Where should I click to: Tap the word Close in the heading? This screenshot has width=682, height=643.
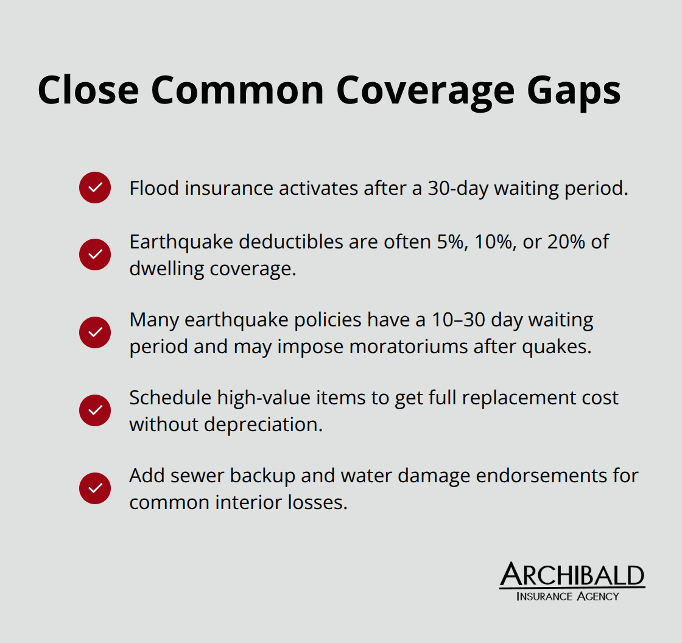tap(88, 90)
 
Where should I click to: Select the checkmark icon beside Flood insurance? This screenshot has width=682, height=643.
tap(95, 188)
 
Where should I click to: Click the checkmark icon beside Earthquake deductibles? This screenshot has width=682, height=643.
tap(95, 255)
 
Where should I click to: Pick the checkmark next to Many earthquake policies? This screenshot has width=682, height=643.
tap(95, 332)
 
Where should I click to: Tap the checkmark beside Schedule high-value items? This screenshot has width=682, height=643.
tap(95, 410)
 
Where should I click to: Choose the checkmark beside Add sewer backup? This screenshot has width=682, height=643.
tap(95, 488)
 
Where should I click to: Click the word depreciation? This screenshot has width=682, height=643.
tap(263, 424)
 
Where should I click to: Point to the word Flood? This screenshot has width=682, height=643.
tap(154, 188)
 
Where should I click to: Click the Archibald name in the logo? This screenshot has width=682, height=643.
tap(572, 575)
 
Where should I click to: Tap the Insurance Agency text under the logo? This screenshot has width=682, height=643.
tap(568, 596)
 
